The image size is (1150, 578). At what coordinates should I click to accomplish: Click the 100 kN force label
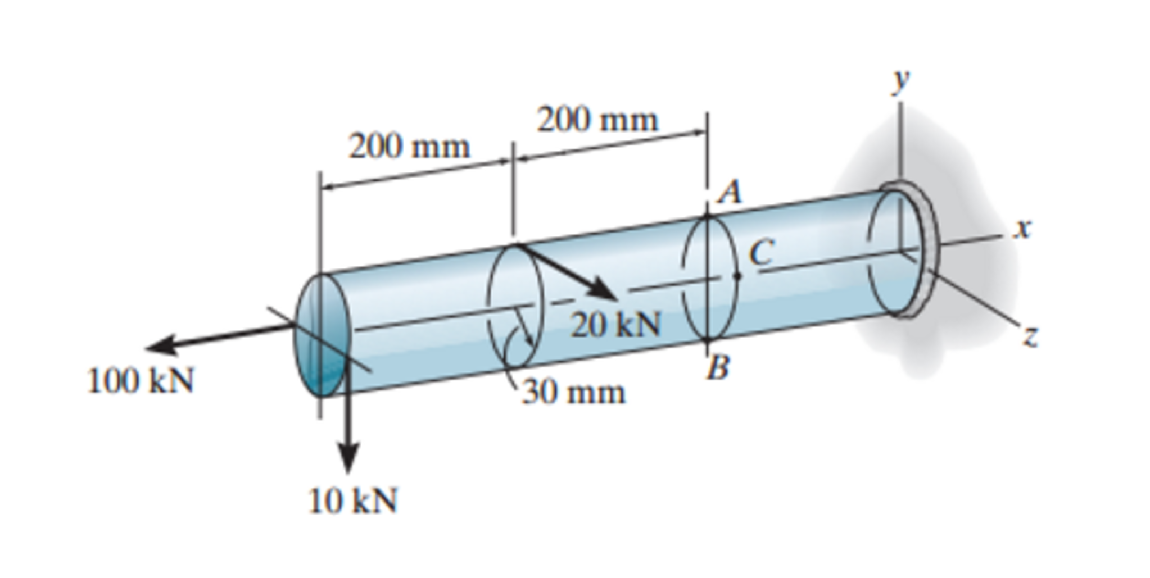(x=141, y=381)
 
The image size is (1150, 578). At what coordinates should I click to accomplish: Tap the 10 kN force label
(x=353, y=500)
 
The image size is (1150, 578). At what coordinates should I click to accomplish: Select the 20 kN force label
(x=616, y=325)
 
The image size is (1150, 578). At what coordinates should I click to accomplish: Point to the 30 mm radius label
(x=573, y=392)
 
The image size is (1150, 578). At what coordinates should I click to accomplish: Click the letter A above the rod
(x=730, y=193)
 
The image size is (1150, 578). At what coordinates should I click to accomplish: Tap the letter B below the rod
(x=718, y=368)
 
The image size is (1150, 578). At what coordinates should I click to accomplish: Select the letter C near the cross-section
(x=762, y=252)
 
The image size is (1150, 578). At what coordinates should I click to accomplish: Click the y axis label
(x=901, y=80)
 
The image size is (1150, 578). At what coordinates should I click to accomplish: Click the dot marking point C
(x=737, y=276)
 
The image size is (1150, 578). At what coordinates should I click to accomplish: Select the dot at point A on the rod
(x=708, y=216)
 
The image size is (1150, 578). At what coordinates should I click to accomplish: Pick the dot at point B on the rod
(x=708, y=340)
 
